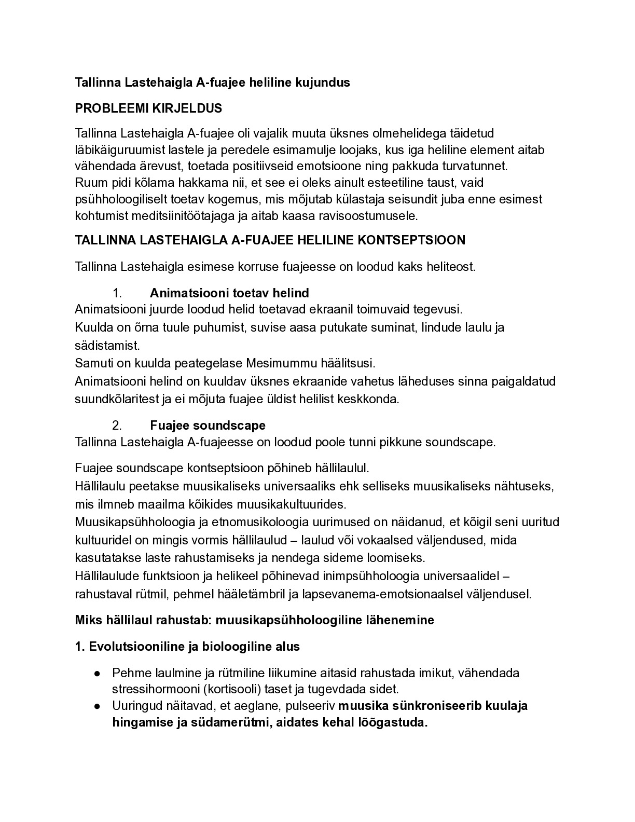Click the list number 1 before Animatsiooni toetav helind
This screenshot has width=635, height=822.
[x=117, y=293]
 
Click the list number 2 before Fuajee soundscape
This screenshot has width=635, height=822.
[x=117, y=426]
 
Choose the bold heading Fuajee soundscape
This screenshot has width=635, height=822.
[x=208, y=426]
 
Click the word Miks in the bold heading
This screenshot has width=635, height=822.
[x=88, y=620]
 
